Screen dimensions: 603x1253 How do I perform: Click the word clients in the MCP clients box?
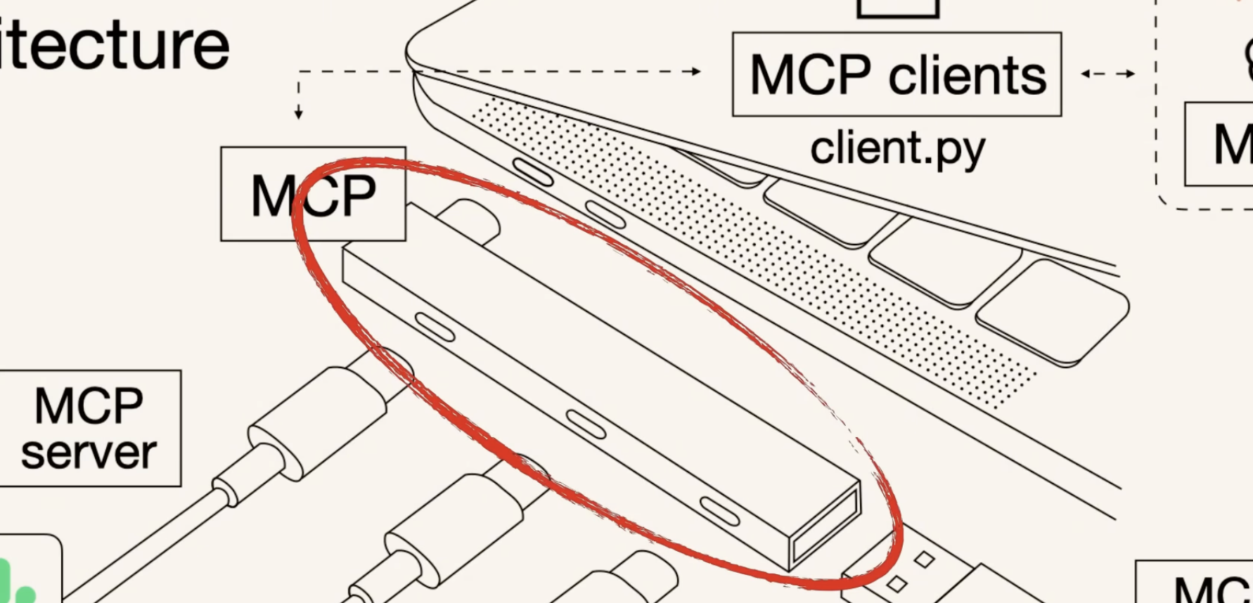968,75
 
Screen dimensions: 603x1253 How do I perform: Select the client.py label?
898,149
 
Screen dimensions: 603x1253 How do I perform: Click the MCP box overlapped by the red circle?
312,195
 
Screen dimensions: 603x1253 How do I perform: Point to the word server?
89,453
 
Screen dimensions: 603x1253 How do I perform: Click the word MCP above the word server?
89,406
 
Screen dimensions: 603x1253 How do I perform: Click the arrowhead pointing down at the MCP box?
299,113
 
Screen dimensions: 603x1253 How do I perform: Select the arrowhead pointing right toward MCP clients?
695,71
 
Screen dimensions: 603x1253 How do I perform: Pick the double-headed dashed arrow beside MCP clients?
1108,73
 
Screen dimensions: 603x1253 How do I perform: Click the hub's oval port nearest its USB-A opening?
719,511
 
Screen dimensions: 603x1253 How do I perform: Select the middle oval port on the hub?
586,424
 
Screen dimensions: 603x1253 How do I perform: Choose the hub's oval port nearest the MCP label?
435,328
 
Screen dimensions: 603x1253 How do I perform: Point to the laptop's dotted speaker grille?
752,253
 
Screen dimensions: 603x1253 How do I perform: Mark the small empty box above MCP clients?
898,7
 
